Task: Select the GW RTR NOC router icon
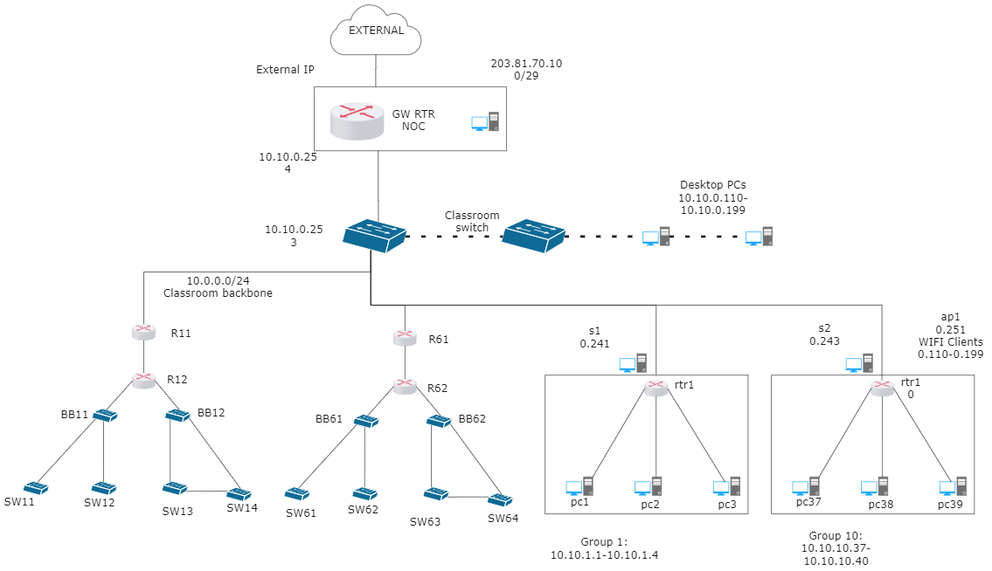[x=357, y=120]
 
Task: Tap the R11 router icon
[x=144, y=332]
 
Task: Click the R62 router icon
[x=405, y=386]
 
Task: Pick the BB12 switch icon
[x=177, y=416]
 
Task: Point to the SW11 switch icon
[x=36, y=487]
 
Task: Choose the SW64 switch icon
[x=500, y=499]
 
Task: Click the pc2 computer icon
[x=649, y=486]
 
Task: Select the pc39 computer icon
[x=953, y=486]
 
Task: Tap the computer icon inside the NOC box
[x=485, y=121]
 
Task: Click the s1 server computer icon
[x=634, y=363]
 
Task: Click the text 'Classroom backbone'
[x=219, y=292]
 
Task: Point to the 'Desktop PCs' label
[x=713, y=184]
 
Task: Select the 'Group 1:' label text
[x=604, y=542]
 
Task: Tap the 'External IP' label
[x=285, y=70]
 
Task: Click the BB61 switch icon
[x=366, y=421]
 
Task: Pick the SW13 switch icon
[x=175, y=488]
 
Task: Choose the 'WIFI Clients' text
[x=951, y=341]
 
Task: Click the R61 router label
[x=439, y=340]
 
